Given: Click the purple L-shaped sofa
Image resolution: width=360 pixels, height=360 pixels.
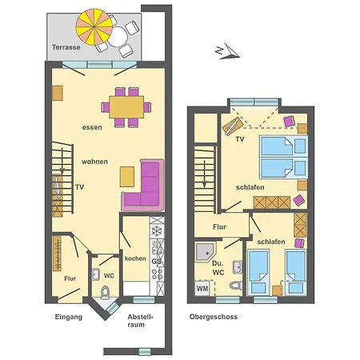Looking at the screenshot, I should (x=146, y=187).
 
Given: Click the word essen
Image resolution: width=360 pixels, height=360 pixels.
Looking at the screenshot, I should (x=92, y=127).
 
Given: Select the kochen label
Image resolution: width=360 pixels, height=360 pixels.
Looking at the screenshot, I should (x=134, y=258).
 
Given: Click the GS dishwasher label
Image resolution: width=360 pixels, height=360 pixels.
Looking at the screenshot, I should (x=157, y=261).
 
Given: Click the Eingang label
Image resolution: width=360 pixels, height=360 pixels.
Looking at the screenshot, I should (x=69, y=318).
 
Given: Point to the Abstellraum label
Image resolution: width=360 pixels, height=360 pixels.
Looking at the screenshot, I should (x=141, y=322).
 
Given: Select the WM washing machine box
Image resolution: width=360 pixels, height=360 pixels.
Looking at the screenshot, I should (x=202, y=286).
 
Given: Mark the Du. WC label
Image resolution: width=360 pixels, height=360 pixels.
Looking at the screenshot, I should (x=218, y=267).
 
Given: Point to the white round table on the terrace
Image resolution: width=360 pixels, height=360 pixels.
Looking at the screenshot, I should (x=118, y=35).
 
